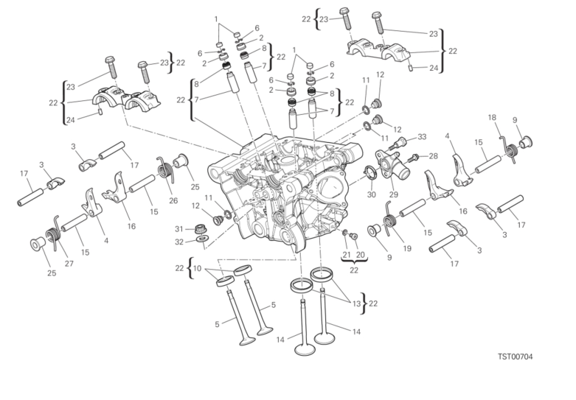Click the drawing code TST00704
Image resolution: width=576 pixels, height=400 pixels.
tap(515, 357)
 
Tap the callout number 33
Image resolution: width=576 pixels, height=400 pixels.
tap(422, 137)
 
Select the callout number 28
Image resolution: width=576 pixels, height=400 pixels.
tap(433, 156)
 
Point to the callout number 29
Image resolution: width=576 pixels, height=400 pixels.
tap(393, 194)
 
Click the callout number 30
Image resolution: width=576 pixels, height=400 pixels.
tap(372, 194)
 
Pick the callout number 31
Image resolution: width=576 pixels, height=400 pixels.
tap(178, 229)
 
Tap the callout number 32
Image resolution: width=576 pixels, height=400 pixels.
tap(179, 242)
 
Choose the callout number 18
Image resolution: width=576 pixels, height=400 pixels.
tap(492, 117)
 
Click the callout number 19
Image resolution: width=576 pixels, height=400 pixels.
tap(407, 248)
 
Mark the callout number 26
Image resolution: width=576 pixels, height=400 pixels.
tap(173, 200)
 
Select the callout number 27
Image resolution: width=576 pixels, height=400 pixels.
tap(69, 264)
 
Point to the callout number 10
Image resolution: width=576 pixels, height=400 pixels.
tap(197, 268)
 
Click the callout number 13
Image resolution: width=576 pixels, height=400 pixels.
tap(357, 303)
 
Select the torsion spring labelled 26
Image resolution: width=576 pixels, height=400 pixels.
tap(165, 169)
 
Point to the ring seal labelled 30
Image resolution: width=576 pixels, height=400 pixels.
tap(370, 173)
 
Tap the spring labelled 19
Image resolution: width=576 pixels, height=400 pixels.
tap(390, 220)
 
